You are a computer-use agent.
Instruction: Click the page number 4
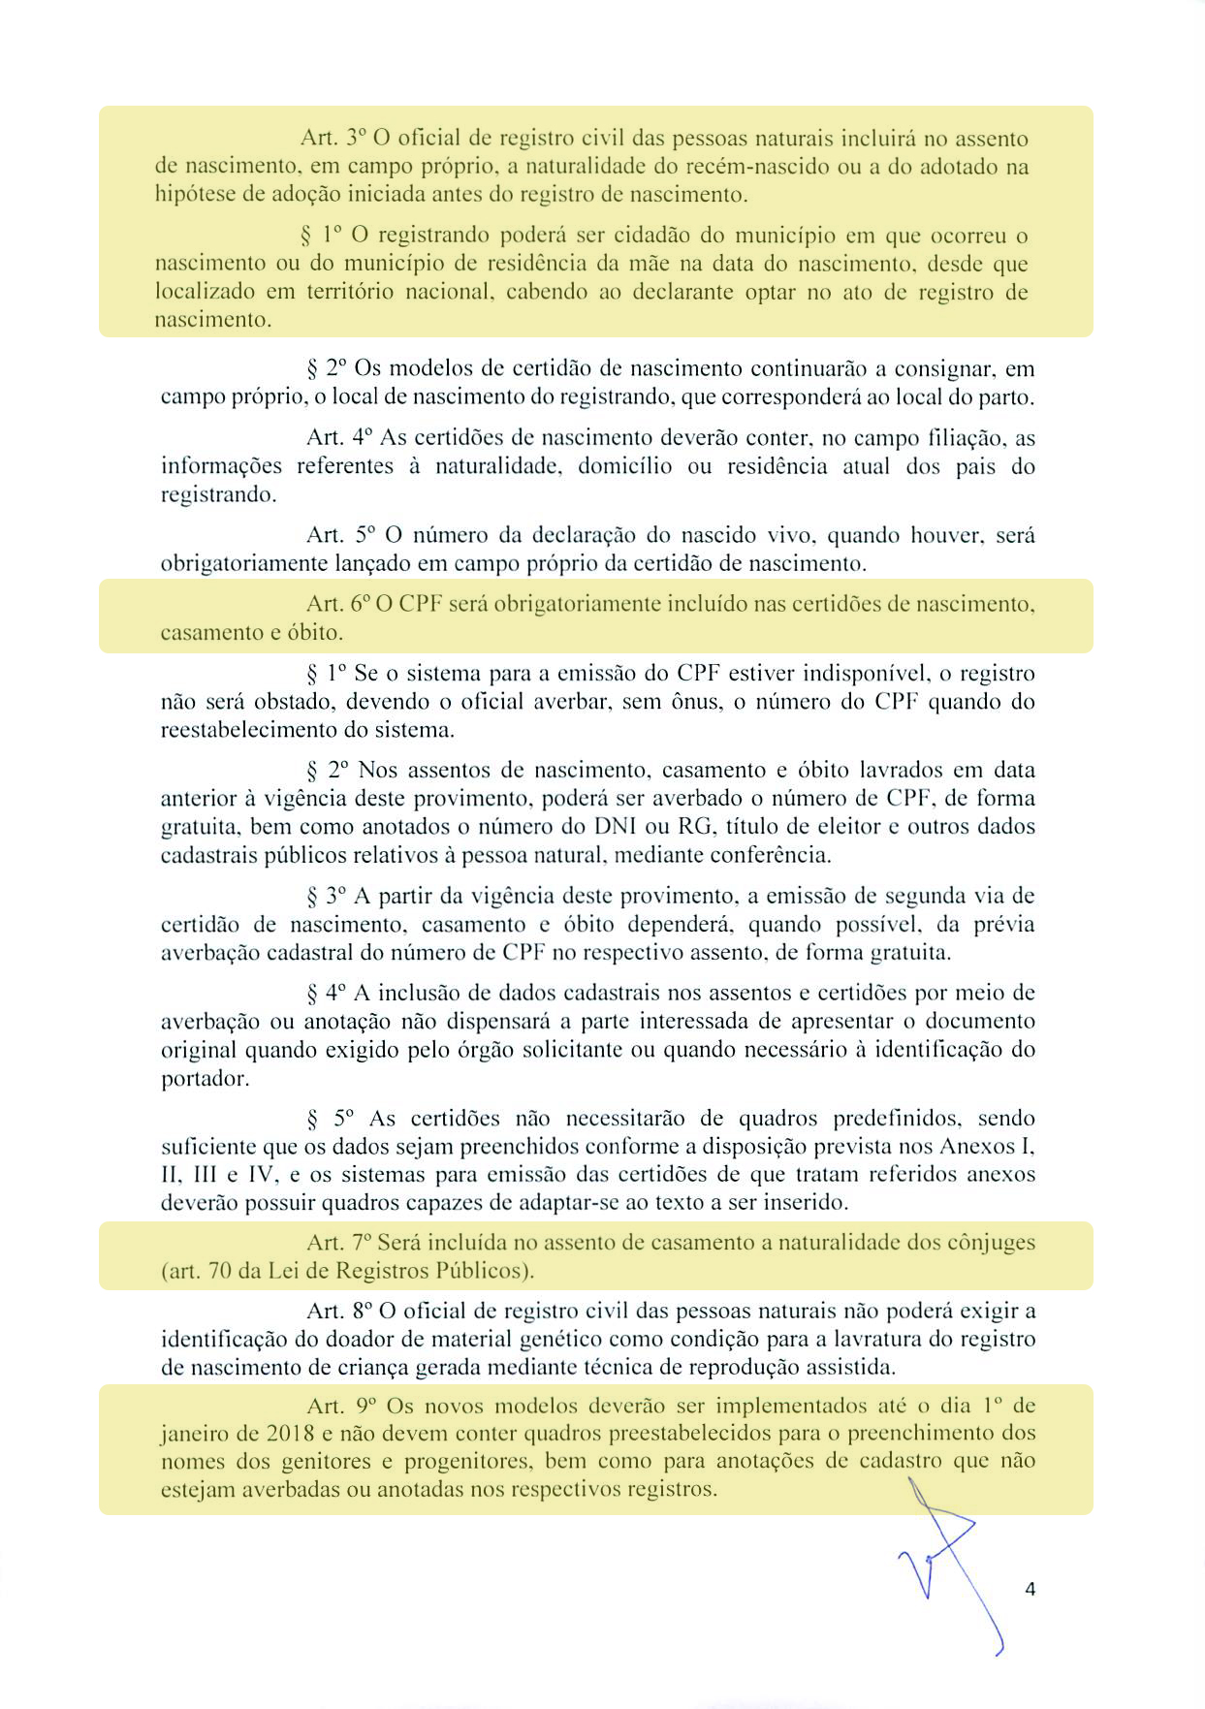click(1030, 1589)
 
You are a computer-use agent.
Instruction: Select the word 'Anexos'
click(976, 1147)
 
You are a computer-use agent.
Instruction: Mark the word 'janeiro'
click(194, 1434)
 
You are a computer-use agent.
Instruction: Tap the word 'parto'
click(1008, 397)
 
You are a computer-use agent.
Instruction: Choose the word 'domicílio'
click(624, 466)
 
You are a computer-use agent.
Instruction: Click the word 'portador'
click(204, 1078)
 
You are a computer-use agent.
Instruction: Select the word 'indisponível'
click(860, 673)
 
